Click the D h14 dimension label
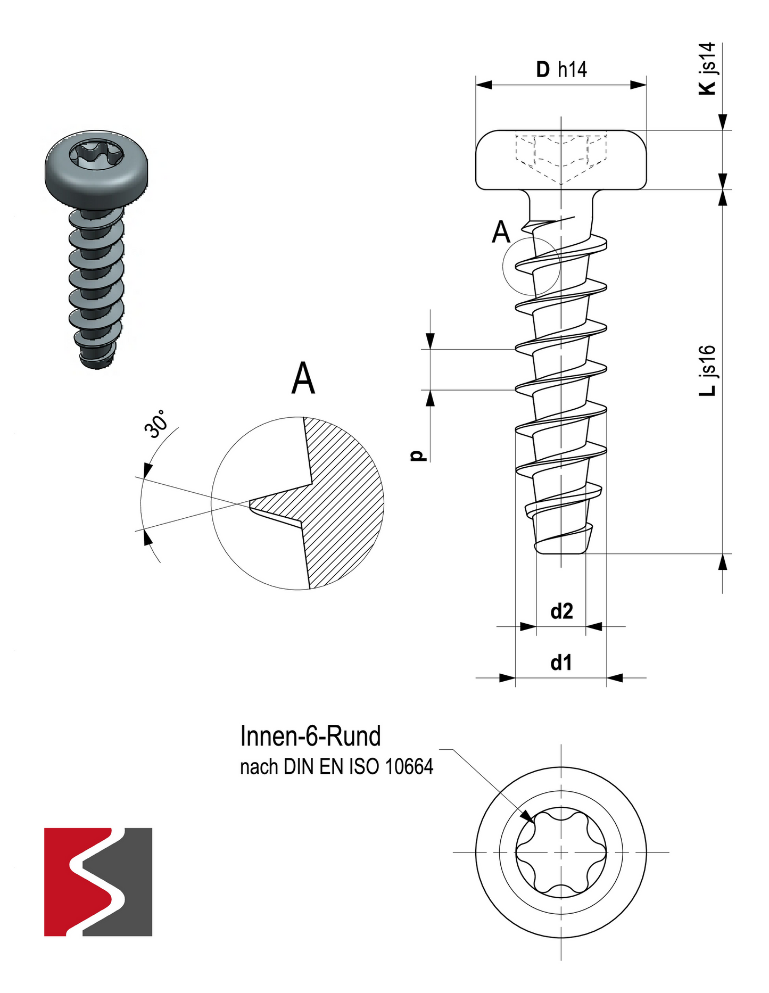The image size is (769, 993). pyautogui.click(x=561, y=69)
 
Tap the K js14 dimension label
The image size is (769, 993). pyautogui.click(x=707, y=69)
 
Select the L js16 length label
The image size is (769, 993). pyautogui.click(x=707, y=370)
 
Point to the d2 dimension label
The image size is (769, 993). pyautogui.click(x=561, y=611)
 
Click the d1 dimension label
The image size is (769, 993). pyautogui.click(x=561, y=663)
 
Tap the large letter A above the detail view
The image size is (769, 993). pyautogui.click(x=303, y=378)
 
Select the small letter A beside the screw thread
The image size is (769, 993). pyautogui.click(x=501, y=232)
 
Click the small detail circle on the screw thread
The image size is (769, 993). pyautogui.click(x=531, y=266)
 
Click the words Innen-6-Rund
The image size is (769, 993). pyautogui.click(x=310, y=736)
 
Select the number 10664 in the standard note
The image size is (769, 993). pyautogui.click(x=409, y=767)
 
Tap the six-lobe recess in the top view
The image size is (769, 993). pyautogui.click(x=561, y=852)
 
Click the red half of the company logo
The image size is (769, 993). pyautogui.click(x=69, y=881)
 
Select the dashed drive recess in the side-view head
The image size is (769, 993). pyautogui.click(x=561, y=157)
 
